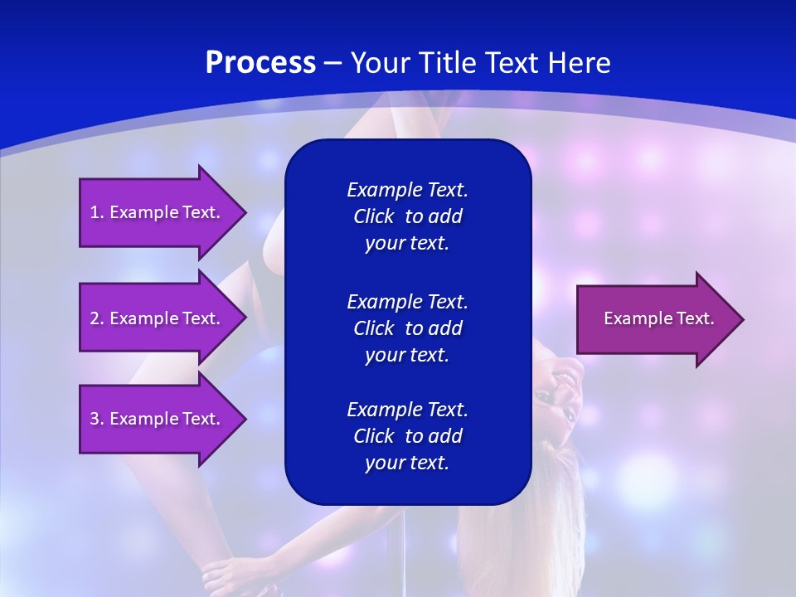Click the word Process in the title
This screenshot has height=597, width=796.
click(x=260, y=63)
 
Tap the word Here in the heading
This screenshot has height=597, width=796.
click(x=579, y=63)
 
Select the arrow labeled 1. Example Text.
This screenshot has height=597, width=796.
click(x=158, y=212)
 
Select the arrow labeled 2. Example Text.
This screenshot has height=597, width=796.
click(x=158, y=318)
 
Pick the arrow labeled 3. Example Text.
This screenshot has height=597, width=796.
click(x=158, y=419)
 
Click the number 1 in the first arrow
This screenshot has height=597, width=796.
click(x=94, y=212)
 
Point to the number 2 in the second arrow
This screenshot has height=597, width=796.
click(x=94, y=318)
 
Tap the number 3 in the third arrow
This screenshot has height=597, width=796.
click(x=94, y=419)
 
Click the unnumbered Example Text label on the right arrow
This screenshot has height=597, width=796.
click(x=658, y=318)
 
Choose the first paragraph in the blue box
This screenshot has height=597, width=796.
click(x=407, y=216)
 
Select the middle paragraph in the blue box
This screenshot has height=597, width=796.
click(x=407, y=328)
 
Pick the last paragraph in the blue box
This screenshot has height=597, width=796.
click(x=407, y=436)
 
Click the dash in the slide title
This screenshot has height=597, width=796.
click(x=333, y=64)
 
